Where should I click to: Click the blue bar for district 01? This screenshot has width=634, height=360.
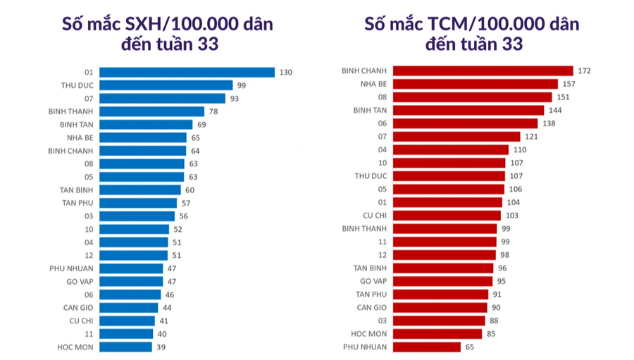[x=187, y=72]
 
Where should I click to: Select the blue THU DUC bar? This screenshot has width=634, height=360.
[x=166, y=85]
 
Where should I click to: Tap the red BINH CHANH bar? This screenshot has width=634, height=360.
[x=483, y=70]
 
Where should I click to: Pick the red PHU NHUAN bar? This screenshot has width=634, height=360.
[x=427, y=347]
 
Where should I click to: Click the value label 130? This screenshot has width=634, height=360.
[x=285, y=72]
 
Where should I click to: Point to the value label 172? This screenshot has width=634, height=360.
[x=583, y=70]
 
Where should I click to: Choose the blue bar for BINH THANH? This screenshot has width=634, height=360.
[x=151, y=111]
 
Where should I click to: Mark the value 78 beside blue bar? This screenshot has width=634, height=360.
[x=213, y=111]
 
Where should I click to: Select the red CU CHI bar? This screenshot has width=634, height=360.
[x=447, y=215]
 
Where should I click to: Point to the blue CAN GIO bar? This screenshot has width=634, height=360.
[x=128, y=307]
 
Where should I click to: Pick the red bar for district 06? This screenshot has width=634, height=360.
[x=465, y=123]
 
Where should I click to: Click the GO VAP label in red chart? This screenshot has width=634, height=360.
[x=371, y=281]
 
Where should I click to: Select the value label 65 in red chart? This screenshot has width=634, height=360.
[x=470, y=347]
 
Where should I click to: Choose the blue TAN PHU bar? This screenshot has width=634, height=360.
[x=138, y=203]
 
